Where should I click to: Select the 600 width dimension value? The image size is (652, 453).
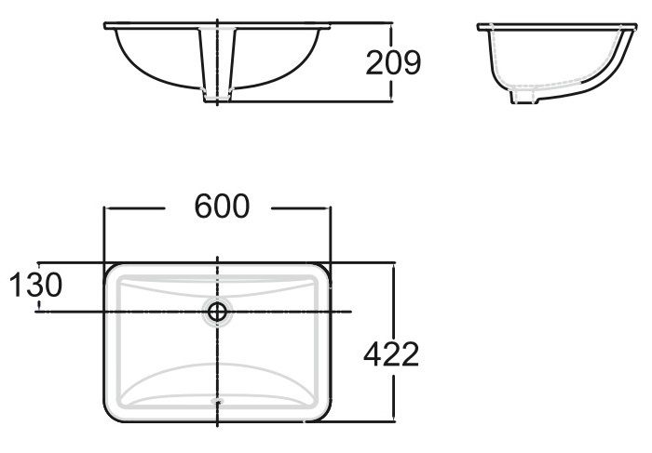[222, 207]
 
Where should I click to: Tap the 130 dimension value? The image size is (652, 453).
[36, 286]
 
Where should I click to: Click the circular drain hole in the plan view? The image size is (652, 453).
[218, 313]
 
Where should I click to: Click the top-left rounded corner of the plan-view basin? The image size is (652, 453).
[112, 271]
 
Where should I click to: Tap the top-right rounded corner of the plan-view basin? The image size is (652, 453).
[324, 271]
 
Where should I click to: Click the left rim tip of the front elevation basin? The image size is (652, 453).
[104, 25]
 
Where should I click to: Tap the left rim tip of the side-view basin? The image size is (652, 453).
[480, 26]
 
